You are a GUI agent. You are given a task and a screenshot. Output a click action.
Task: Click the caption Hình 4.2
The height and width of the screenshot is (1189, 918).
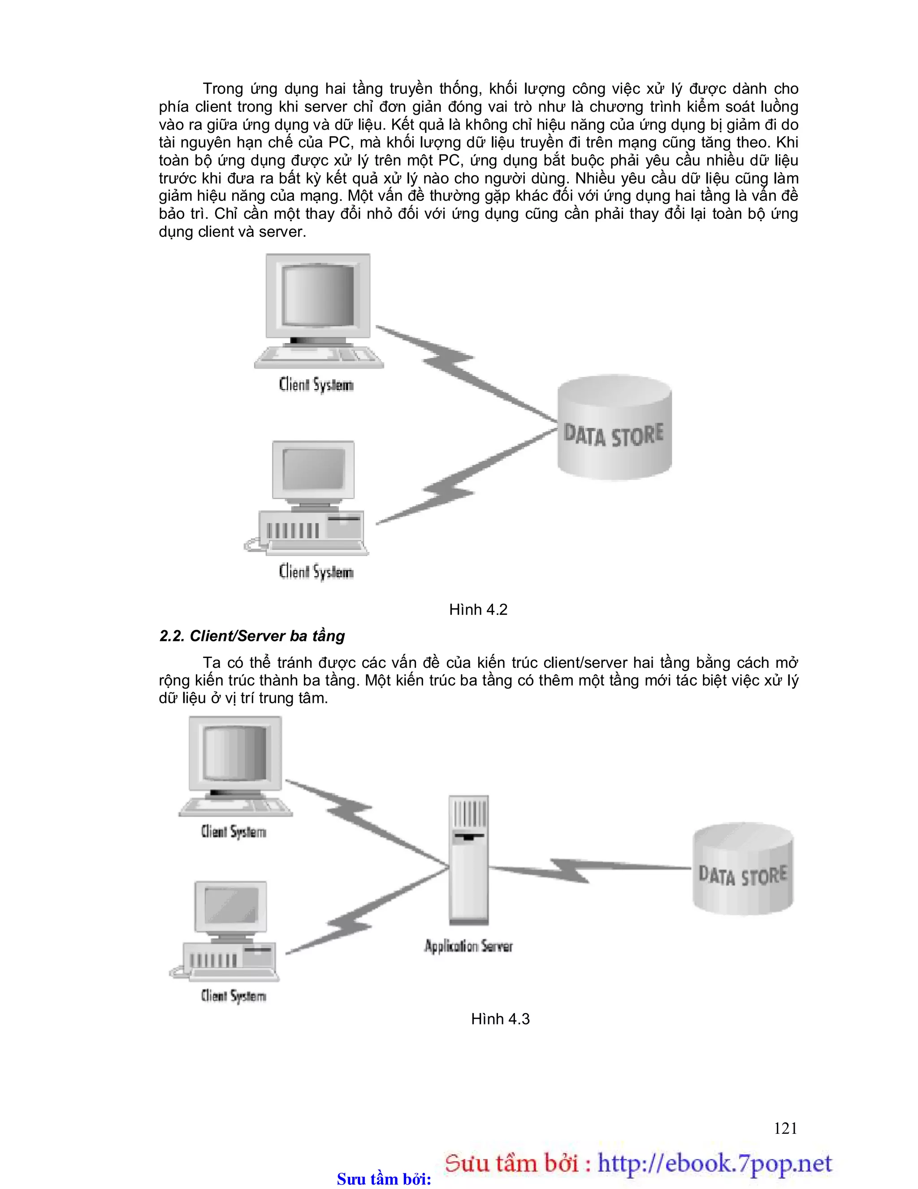coord(478,610)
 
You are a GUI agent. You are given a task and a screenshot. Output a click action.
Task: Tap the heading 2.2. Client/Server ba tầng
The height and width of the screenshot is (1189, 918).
coord(252,636)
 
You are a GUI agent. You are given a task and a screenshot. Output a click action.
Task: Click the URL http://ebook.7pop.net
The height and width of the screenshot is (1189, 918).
coord(714,1163)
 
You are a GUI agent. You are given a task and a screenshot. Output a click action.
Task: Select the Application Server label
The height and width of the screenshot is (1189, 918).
coord(468,946)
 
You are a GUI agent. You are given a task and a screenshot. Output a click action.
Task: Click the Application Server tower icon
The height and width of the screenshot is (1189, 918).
coord(468,860)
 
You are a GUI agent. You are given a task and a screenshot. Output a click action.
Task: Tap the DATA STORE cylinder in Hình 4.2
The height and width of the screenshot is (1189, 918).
coord(615,427)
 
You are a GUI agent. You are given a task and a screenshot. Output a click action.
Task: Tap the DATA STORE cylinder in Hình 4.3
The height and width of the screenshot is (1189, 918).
coord(743,868)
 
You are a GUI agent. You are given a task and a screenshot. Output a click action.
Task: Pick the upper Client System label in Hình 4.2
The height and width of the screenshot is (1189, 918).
coord(316,384)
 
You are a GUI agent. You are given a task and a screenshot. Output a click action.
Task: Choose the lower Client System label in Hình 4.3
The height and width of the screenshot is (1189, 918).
coord(234,996)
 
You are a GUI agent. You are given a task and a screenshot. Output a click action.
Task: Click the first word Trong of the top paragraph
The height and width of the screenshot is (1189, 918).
coord(223,89)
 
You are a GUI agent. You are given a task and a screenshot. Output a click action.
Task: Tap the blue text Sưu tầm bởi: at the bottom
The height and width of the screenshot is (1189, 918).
coord(384,1179)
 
